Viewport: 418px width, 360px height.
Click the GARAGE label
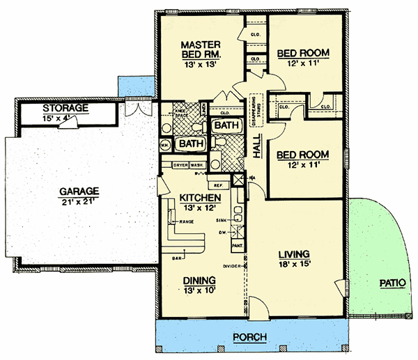[x=79, y=190]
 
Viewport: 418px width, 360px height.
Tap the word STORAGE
[x=65, y=108]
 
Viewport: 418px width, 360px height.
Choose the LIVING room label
[x=293, y=253]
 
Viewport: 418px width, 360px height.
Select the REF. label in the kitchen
[x=217, y=185]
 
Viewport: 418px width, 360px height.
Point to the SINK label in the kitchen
[x=222, y=219]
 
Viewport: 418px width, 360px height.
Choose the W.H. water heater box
[x=165, y=145]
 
